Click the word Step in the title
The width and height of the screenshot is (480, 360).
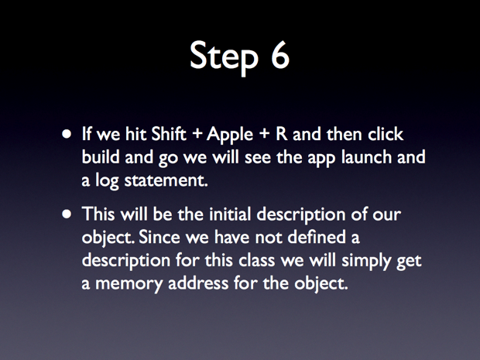tap(224, 57)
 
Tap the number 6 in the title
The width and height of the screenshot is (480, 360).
tap(279, 54)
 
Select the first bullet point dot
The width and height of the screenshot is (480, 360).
tap(67, 134)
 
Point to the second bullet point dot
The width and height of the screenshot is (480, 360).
tap(67, 214)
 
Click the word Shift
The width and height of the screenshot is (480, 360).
tap(169, 134)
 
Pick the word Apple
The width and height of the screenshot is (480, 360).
tap(230, 135)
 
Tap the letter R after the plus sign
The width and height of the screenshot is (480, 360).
tap(282, 134)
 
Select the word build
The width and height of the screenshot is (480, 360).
tap(101, 156)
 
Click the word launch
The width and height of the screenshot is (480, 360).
tap(366, 156)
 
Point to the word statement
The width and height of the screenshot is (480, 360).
tap(166, 180)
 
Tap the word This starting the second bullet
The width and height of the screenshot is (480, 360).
tap(98, 214)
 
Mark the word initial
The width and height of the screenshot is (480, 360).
tap(230, 214)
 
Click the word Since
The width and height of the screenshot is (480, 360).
tap(159, 237)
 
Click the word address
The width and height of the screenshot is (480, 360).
tap(198, 283)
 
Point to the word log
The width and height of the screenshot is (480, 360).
tap(107, 181)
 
